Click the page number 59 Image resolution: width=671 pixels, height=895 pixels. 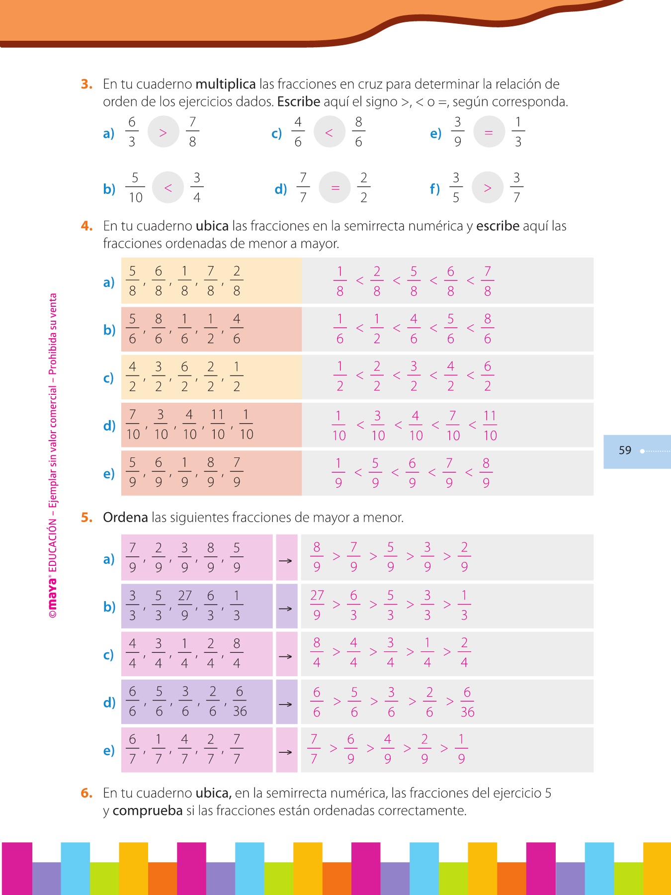point(625,450)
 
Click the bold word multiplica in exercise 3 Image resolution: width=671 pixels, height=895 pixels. point(225,84)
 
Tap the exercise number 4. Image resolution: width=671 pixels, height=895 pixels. point(86,226)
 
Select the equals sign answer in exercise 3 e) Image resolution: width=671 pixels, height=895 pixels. point(489,132)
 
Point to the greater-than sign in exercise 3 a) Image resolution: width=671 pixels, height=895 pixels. point(163,132)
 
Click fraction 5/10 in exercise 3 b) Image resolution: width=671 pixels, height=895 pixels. point(135,188)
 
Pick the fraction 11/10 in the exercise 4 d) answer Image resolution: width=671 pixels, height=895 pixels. point(490,426)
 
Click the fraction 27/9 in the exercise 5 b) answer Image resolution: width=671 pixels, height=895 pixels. point(317,605)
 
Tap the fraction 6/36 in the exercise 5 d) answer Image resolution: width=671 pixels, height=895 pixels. point(467,702)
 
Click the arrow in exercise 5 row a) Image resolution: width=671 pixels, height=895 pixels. point(285,561)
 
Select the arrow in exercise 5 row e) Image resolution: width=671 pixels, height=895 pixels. point(285,752)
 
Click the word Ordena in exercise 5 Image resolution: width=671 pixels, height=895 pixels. point(125,518)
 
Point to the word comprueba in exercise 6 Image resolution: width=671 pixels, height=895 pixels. point(148,810)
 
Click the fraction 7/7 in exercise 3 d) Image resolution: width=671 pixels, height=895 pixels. point(303,188)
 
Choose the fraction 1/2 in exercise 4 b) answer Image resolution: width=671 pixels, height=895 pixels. point(377,329)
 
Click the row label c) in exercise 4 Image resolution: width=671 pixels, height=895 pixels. point(108,378)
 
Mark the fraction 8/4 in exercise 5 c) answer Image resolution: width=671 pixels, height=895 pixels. point(317,653)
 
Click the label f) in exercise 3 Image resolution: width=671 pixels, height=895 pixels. point(435,189)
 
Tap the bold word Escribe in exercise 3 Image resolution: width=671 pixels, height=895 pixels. point(298,102)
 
